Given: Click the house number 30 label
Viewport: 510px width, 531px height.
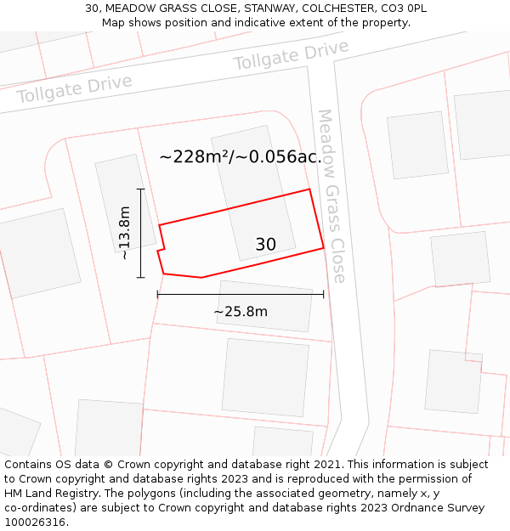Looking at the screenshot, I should pos(265,245).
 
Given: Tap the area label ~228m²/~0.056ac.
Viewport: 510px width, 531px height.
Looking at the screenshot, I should pos(241,156).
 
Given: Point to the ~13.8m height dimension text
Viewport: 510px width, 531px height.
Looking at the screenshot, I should pos(124,232).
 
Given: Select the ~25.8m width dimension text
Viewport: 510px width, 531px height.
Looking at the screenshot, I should pos(241,312).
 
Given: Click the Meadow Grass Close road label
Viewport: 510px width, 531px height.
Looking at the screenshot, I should pos(331,195).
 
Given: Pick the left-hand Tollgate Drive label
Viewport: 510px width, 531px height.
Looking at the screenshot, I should pos(75,89).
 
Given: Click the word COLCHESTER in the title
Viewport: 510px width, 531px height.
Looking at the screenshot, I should pos(323,8).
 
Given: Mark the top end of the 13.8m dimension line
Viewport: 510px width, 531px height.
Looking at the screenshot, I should pos(141,189).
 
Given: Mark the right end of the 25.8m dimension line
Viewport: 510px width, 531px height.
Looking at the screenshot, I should pos(323,295).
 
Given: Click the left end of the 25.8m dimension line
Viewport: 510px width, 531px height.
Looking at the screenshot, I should pos(157,295).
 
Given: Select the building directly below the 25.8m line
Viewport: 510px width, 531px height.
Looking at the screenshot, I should pos(264,307).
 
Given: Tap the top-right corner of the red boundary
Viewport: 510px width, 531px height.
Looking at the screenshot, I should pos(309,189).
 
